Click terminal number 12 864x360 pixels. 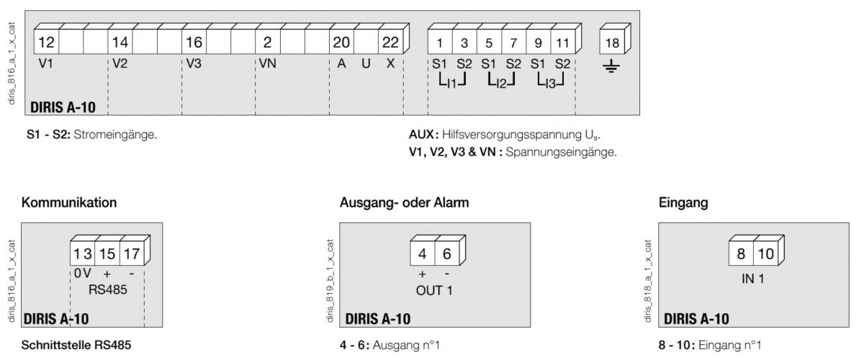click(46, 42)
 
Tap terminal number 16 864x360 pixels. click(194, 42)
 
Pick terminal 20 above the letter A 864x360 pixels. click(341, 42)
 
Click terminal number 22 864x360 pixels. click(390, 42)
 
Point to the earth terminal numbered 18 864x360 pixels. click(612, 42)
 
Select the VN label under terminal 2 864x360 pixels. click(267, 63)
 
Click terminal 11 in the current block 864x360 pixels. click(562, 42)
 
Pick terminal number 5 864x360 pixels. click(489, 42)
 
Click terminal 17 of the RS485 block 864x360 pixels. click(132, 254)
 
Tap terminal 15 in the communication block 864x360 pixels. click(107, 254)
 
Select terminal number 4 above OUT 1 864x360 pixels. click(423, 254)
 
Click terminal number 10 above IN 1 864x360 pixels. click(766, 254)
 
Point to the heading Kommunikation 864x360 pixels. click(69, 203)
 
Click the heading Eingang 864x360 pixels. click(683, 203)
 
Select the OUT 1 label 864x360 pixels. click(434, 291)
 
